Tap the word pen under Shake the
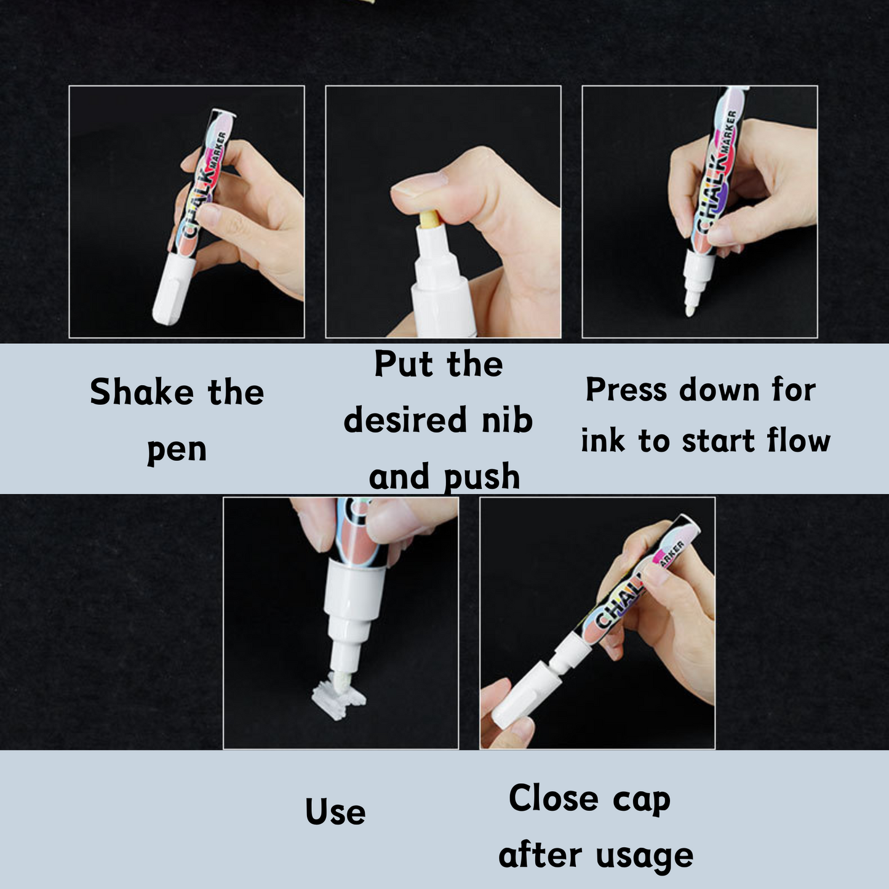coord(177,450)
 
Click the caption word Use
coord(335,812)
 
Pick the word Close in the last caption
coord(553,799)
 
